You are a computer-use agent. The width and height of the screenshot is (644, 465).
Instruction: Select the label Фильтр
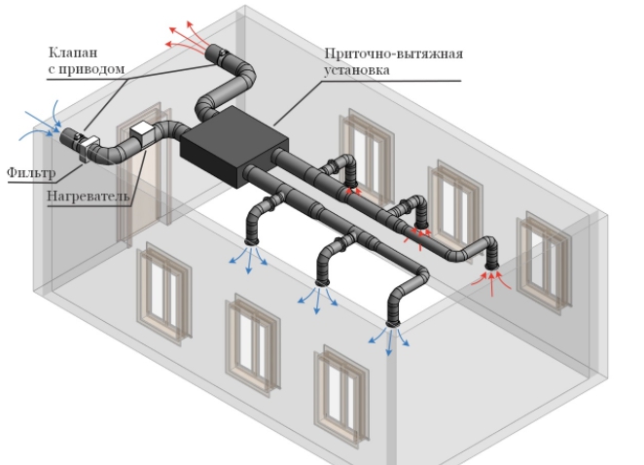pyautogui.click(x=30, y=173)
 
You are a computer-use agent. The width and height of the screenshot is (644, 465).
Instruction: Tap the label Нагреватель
pyautogui.click(x=88, y=197)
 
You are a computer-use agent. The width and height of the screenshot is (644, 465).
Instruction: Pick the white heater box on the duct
pyautogui.click(x=142, y=134)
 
